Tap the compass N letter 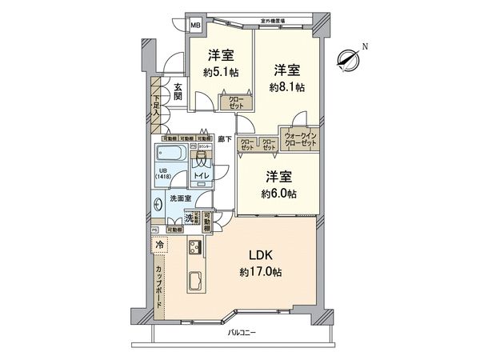364,46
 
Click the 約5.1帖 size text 221,73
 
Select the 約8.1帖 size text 287,87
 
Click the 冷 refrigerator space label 160,244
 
